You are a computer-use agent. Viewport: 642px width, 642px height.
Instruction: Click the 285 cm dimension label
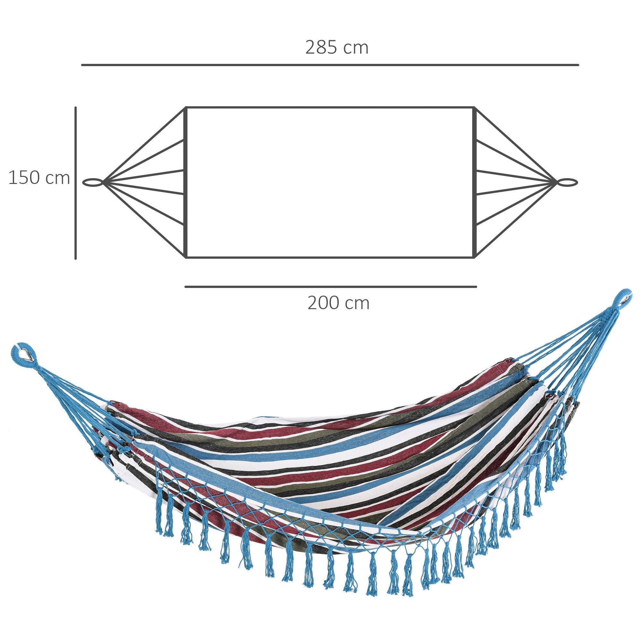coord(337,48)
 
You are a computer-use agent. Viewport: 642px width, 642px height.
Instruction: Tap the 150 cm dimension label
coord(39,178)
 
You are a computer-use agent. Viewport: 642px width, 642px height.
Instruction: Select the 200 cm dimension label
coord(338,303)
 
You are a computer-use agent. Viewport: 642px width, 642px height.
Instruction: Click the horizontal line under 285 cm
coord(330,65)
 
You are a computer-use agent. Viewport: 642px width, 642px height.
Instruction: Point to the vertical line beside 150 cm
coord(76,183)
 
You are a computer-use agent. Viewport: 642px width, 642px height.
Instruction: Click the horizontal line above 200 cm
coord(331,287)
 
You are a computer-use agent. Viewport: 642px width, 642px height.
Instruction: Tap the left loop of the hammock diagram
coord(93,182)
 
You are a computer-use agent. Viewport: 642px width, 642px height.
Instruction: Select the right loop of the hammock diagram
coord(568,182)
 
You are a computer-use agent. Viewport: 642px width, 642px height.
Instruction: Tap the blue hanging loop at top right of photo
coord(622,298)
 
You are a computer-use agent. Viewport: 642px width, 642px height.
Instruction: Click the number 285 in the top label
coord(321,48)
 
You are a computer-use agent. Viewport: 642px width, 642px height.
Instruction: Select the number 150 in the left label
coord(24,178)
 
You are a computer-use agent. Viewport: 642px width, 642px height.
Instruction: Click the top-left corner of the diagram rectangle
coord(187,108)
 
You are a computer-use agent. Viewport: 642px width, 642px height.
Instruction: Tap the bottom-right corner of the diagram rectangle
coord(474,257)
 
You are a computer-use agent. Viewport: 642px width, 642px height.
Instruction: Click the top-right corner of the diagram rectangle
coord(474,108)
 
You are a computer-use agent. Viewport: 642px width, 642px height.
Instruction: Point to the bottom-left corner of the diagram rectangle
coord(187,257)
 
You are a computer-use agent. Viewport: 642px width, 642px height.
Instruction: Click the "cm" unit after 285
coord(356,48)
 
